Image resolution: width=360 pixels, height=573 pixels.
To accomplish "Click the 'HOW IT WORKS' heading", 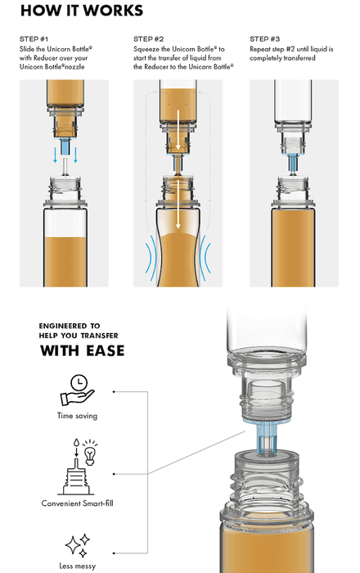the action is pos(82,11).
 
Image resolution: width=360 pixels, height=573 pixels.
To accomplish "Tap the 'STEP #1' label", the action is pos(34,39).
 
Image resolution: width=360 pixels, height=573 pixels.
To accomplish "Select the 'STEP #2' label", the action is pos(148,39).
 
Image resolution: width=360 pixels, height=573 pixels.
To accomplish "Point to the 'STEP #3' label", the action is pos(265,39).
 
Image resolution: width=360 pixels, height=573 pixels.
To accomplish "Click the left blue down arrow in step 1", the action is pos(55,155).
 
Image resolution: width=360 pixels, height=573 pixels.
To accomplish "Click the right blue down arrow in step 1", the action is pos(76,155).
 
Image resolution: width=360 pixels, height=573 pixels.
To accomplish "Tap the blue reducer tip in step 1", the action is pos(65,147).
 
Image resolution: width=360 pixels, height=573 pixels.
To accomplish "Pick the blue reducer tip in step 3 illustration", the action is pos(293,163).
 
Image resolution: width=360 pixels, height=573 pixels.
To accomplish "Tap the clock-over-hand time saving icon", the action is pos(78,390).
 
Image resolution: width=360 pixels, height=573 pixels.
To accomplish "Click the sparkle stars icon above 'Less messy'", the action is pos(78,545).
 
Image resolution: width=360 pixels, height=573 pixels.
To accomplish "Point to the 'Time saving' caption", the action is pos(78,416).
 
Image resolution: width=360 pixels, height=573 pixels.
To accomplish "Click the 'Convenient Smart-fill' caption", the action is pos(78,503).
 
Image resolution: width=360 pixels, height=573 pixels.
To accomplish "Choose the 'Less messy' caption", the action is pos(78,566).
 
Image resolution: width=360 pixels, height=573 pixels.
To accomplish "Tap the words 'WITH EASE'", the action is pos(82,351).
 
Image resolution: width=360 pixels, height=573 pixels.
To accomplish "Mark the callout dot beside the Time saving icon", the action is pos(114,392).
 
